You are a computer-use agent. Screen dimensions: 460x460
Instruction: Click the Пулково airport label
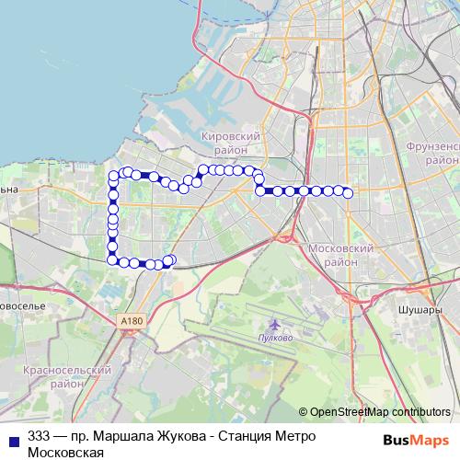click(277, 338)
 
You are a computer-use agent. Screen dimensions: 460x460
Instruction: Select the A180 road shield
click(132, 320)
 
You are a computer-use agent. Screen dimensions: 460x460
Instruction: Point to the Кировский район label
click(230, 142)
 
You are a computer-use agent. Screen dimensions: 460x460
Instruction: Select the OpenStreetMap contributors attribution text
click(380, 412)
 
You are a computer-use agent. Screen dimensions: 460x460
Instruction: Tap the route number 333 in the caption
click(40, 436)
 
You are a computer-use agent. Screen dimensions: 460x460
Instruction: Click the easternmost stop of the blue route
click(349, 192)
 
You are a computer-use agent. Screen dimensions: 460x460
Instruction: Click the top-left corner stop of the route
click(114, 176)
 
